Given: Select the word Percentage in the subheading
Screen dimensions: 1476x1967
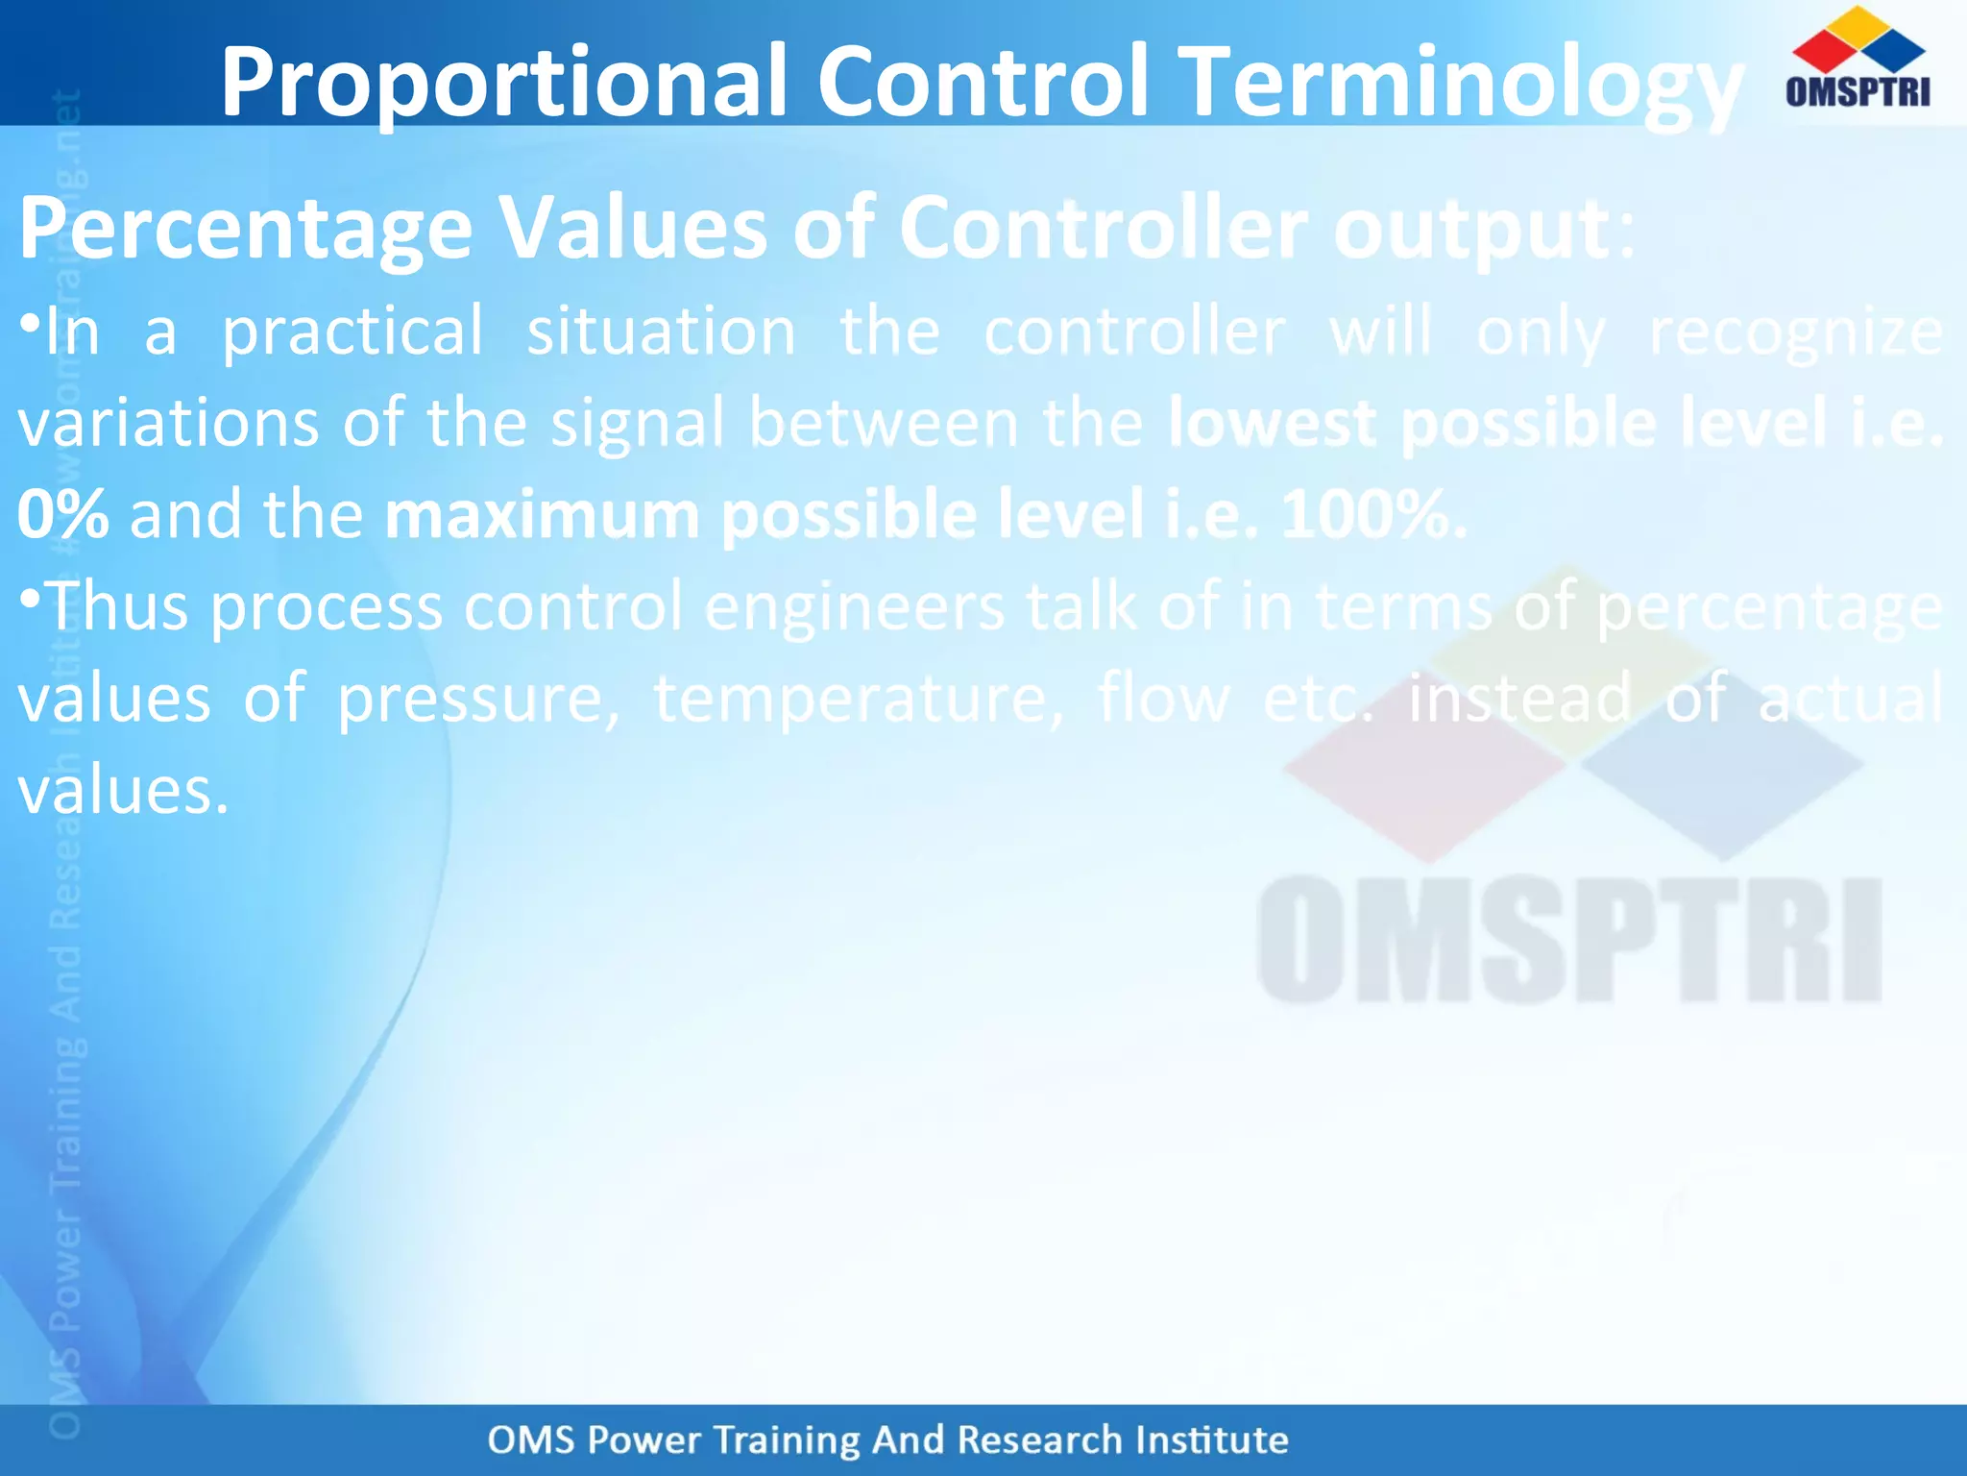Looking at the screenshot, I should tap(245, 231).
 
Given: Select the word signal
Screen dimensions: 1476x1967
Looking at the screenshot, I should tap(638, 424).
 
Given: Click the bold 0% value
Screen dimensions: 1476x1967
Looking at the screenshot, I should tap(62, 514).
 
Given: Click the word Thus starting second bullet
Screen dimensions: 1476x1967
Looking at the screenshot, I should tap(117, 606).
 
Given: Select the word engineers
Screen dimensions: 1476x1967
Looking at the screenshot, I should tap(855, 606).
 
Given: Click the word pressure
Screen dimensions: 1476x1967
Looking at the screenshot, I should tap(477, 699).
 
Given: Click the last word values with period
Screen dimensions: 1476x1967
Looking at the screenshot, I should tap(123, 791).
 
